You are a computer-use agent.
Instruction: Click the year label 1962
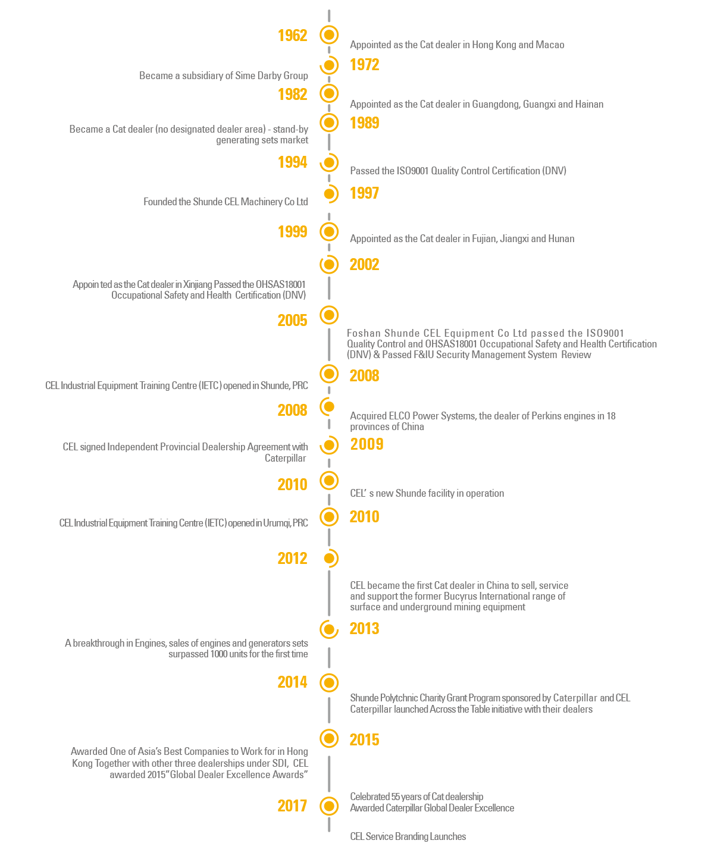[292, 36]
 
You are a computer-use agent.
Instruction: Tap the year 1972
[364, 65]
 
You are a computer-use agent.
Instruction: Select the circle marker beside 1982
[329, 93]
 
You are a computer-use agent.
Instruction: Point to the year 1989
[364, 123]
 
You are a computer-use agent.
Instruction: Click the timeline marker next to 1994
[329, 162]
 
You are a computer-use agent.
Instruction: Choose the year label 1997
[364, 193]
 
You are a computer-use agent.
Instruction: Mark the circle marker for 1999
[329, 231]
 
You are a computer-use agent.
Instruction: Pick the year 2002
[364, 265]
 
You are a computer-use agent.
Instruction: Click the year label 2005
[292, 321]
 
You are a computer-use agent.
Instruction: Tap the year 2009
[367, 444]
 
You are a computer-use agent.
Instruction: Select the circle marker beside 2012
[329, 558]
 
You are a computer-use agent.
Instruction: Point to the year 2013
[364, 629]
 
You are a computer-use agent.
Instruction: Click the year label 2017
[292, 806]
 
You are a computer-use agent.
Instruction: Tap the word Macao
[550, 45]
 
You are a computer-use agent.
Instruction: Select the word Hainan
[589, 105]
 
